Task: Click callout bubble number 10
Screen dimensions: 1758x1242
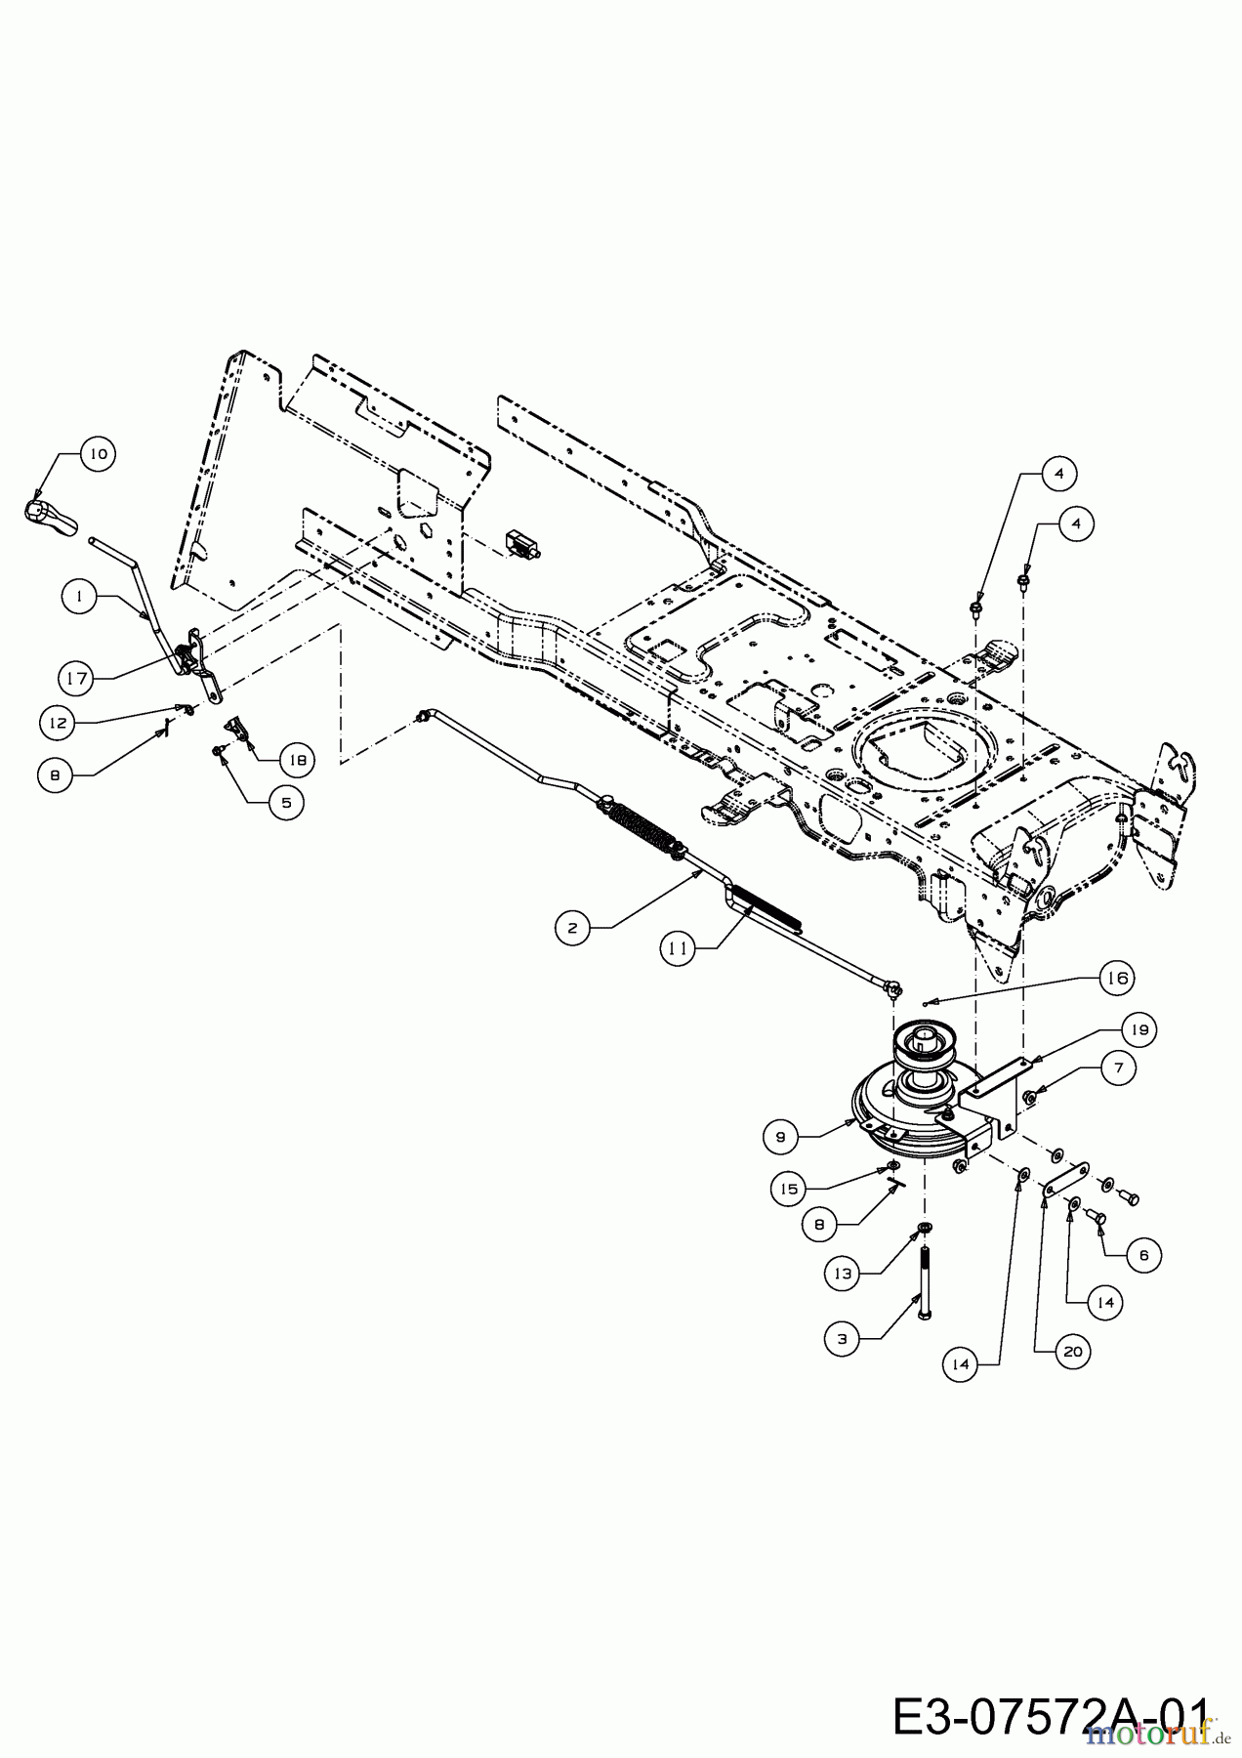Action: coord(98,454)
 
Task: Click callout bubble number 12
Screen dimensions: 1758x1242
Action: coord(58,724)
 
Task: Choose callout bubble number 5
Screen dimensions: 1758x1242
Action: coord(286,803)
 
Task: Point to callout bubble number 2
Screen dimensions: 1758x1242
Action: coord(572,929)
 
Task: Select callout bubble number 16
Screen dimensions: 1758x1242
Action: coord(1117,978)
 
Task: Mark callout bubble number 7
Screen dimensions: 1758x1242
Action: coord(1119,1067)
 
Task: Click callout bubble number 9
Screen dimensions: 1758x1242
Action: coord(780,1137)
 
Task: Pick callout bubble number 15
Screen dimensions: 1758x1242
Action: coord(789,1189)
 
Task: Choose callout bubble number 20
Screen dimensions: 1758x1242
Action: coord(1072,1352)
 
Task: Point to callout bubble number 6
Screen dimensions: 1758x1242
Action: coord(1144,1255)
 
